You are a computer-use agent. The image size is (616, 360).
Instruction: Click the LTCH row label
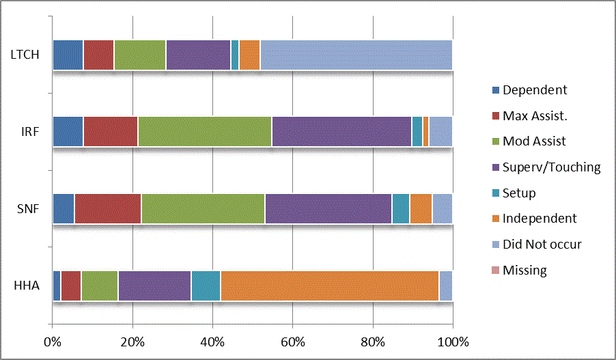tap(24, 55)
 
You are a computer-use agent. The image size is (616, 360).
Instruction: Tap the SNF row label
tap(27, 209)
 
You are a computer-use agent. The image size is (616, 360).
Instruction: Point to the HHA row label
tap(27, 286)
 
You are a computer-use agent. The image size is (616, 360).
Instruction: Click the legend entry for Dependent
tap(534, 90)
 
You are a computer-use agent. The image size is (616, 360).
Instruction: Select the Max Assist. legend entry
tap(535, 116)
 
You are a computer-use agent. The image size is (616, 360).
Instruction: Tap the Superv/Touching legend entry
tap(551, 167)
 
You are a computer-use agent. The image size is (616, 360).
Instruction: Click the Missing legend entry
tap(524, 271)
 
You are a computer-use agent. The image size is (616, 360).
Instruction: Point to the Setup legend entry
tap(518, 193)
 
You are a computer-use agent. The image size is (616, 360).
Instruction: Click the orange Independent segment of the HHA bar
tap(329, 286)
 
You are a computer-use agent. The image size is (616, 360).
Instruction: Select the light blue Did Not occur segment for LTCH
tap(356, 55)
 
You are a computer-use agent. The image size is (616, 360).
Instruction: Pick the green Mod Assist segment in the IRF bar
tap(204, 132)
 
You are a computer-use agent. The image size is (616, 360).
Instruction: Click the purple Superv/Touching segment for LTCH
tap(198, 55)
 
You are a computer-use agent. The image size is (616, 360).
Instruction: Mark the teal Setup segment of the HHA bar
tap(206, 286)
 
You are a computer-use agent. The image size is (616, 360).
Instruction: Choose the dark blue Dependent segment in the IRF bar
tap(68, 132)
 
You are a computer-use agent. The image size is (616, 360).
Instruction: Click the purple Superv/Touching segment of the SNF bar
tap(328, 209)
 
